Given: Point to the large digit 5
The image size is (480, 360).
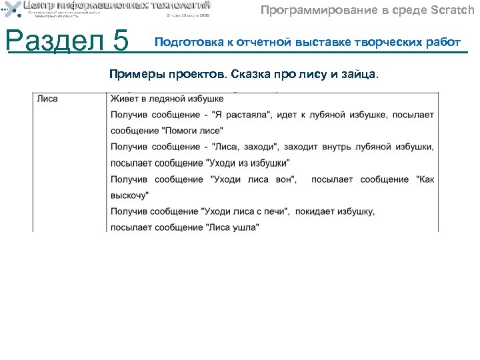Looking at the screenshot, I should coord(121,42).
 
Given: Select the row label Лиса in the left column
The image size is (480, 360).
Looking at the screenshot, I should coord(47,99).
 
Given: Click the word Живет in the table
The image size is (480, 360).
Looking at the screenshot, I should coord(125,99).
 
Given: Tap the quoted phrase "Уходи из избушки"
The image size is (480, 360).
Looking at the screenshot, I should coord(249,163).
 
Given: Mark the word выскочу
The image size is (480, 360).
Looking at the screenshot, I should coord(129,195).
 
